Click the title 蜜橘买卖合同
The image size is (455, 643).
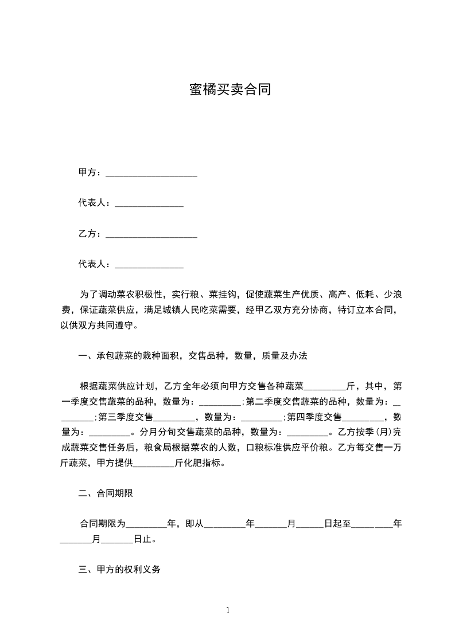(x=230, y=90)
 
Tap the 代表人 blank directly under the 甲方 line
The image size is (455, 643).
(x=149, y=204)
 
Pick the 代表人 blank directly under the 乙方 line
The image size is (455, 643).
(x=149, y=265)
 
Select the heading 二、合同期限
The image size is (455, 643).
(x=106, y=493)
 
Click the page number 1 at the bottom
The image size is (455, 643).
(x=228, y=610)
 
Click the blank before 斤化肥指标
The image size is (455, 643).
(x=154, y=464)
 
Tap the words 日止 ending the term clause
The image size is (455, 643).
(x=143, y=539)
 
